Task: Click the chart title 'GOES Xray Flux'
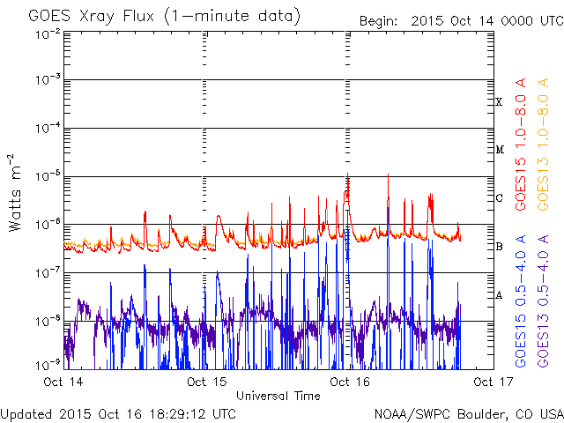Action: pyautogui.click(x=92, y=17)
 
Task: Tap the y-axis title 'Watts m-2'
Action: pyautogui.click(x=15, y=193)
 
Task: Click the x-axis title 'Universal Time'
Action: pyautogui.click(x=278, y=396)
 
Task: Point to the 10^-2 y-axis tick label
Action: pyautogui.click(x=48, y=34)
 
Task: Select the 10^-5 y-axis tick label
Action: pyautogui.click(x=48, y=176)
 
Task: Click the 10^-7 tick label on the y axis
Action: pyautogui.click(x=48, y=273)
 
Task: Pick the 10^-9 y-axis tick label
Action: pyautogui.click(x=48, y=366)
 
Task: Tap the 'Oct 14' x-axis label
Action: pyautogui.click(x=63, y=382)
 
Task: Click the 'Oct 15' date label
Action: pyautogui.click(x=207, y=382)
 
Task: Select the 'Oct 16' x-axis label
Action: pyautogui.click(x=350, y=382)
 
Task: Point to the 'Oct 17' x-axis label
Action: pyautogui.click(x=493, y=382)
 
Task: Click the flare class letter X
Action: pyautogui.click(x=499, y=102)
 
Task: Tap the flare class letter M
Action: pyautogui.click(x=500, y=150)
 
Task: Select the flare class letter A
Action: pyautogui.click(x=499, y=295)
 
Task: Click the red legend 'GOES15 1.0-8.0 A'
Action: pyautogui.click(x=521, y=145)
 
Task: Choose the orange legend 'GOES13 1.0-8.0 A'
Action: pyautogui.click(x=543, y=145)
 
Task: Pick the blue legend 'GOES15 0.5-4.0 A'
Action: pyautogui.click(x=521, y=301)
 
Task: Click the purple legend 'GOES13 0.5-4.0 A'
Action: pyautogui.click(x=543, y=301)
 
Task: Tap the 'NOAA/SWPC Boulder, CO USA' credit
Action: pyautogui.click(x=469, y=414)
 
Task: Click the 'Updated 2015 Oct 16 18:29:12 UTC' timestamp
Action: pyautogui.click(x=118, y=414)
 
